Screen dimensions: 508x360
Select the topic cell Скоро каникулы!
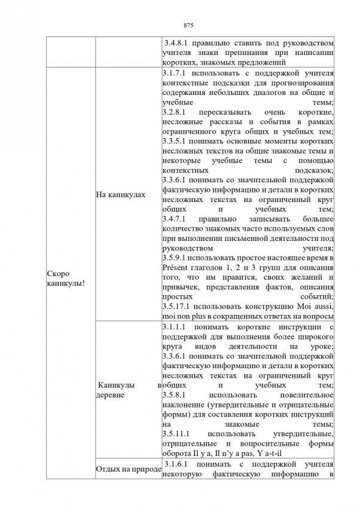tap(65, 277)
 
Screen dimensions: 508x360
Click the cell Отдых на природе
tap(129, 468)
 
